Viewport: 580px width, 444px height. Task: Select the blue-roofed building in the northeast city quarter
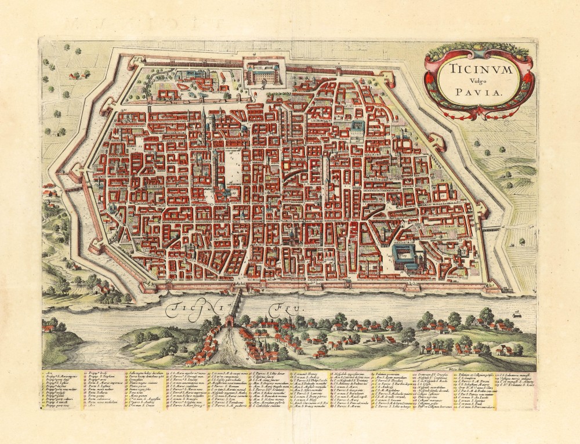point(358,126)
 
